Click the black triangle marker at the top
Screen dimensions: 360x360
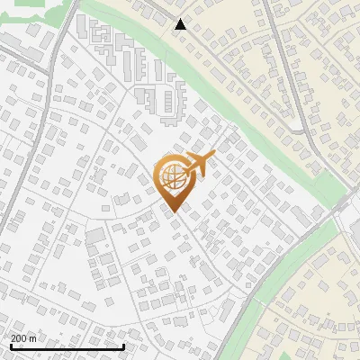coord(181,24)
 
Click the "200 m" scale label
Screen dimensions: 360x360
coord(23,338)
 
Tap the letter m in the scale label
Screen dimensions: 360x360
coord(33,338)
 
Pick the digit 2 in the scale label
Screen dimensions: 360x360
coord(13,338)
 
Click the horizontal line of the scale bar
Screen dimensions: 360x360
coord(67,346)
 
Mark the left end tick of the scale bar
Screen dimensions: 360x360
coord(11,345)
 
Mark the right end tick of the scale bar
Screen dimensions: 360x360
coord(123,345)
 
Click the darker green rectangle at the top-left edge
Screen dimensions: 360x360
coord(30,3)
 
